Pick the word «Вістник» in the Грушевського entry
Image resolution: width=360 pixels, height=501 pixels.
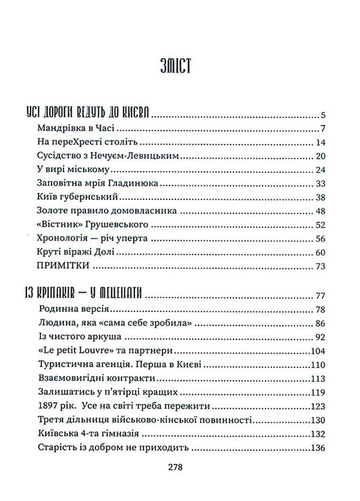click(55, 225)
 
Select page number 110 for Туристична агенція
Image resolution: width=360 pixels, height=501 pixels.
click(319, 365)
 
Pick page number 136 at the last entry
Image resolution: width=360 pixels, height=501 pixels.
click(319, 448)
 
